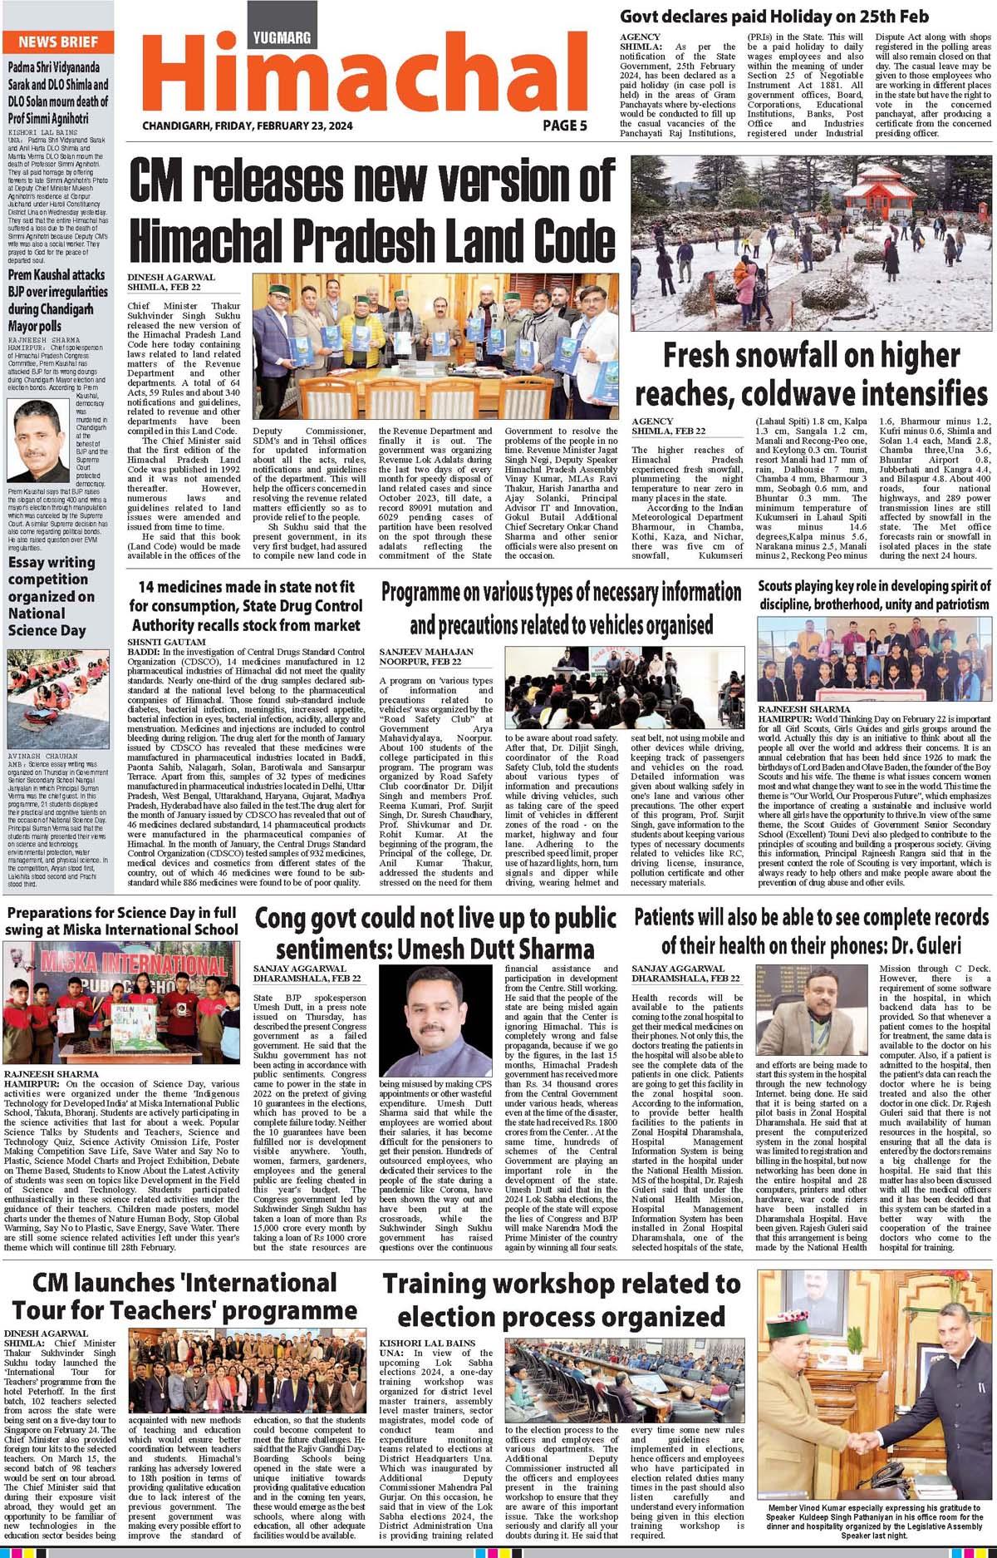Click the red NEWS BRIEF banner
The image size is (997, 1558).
pyautogui.click(x=58, y=42)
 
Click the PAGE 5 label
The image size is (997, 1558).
pyautogui.click(x=565, y=126)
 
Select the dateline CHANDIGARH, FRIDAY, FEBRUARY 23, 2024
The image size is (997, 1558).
pyautogui.click(x=248, y=126)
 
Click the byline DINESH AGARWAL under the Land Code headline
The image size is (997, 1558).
pyautogui.click(x=171, y=277)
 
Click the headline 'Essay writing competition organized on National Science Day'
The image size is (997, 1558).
pyautogui.click(x=52, y=595)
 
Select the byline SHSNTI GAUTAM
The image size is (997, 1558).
pyautogui.click(x=166, y=643)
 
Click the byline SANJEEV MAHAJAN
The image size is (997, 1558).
pyautogui.click(x=426, y=652)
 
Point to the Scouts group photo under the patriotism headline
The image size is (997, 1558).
pyautogui.click(x=874, y=659)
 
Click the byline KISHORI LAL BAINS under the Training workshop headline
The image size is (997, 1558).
pyautogui.click(x=428, y=1343)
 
